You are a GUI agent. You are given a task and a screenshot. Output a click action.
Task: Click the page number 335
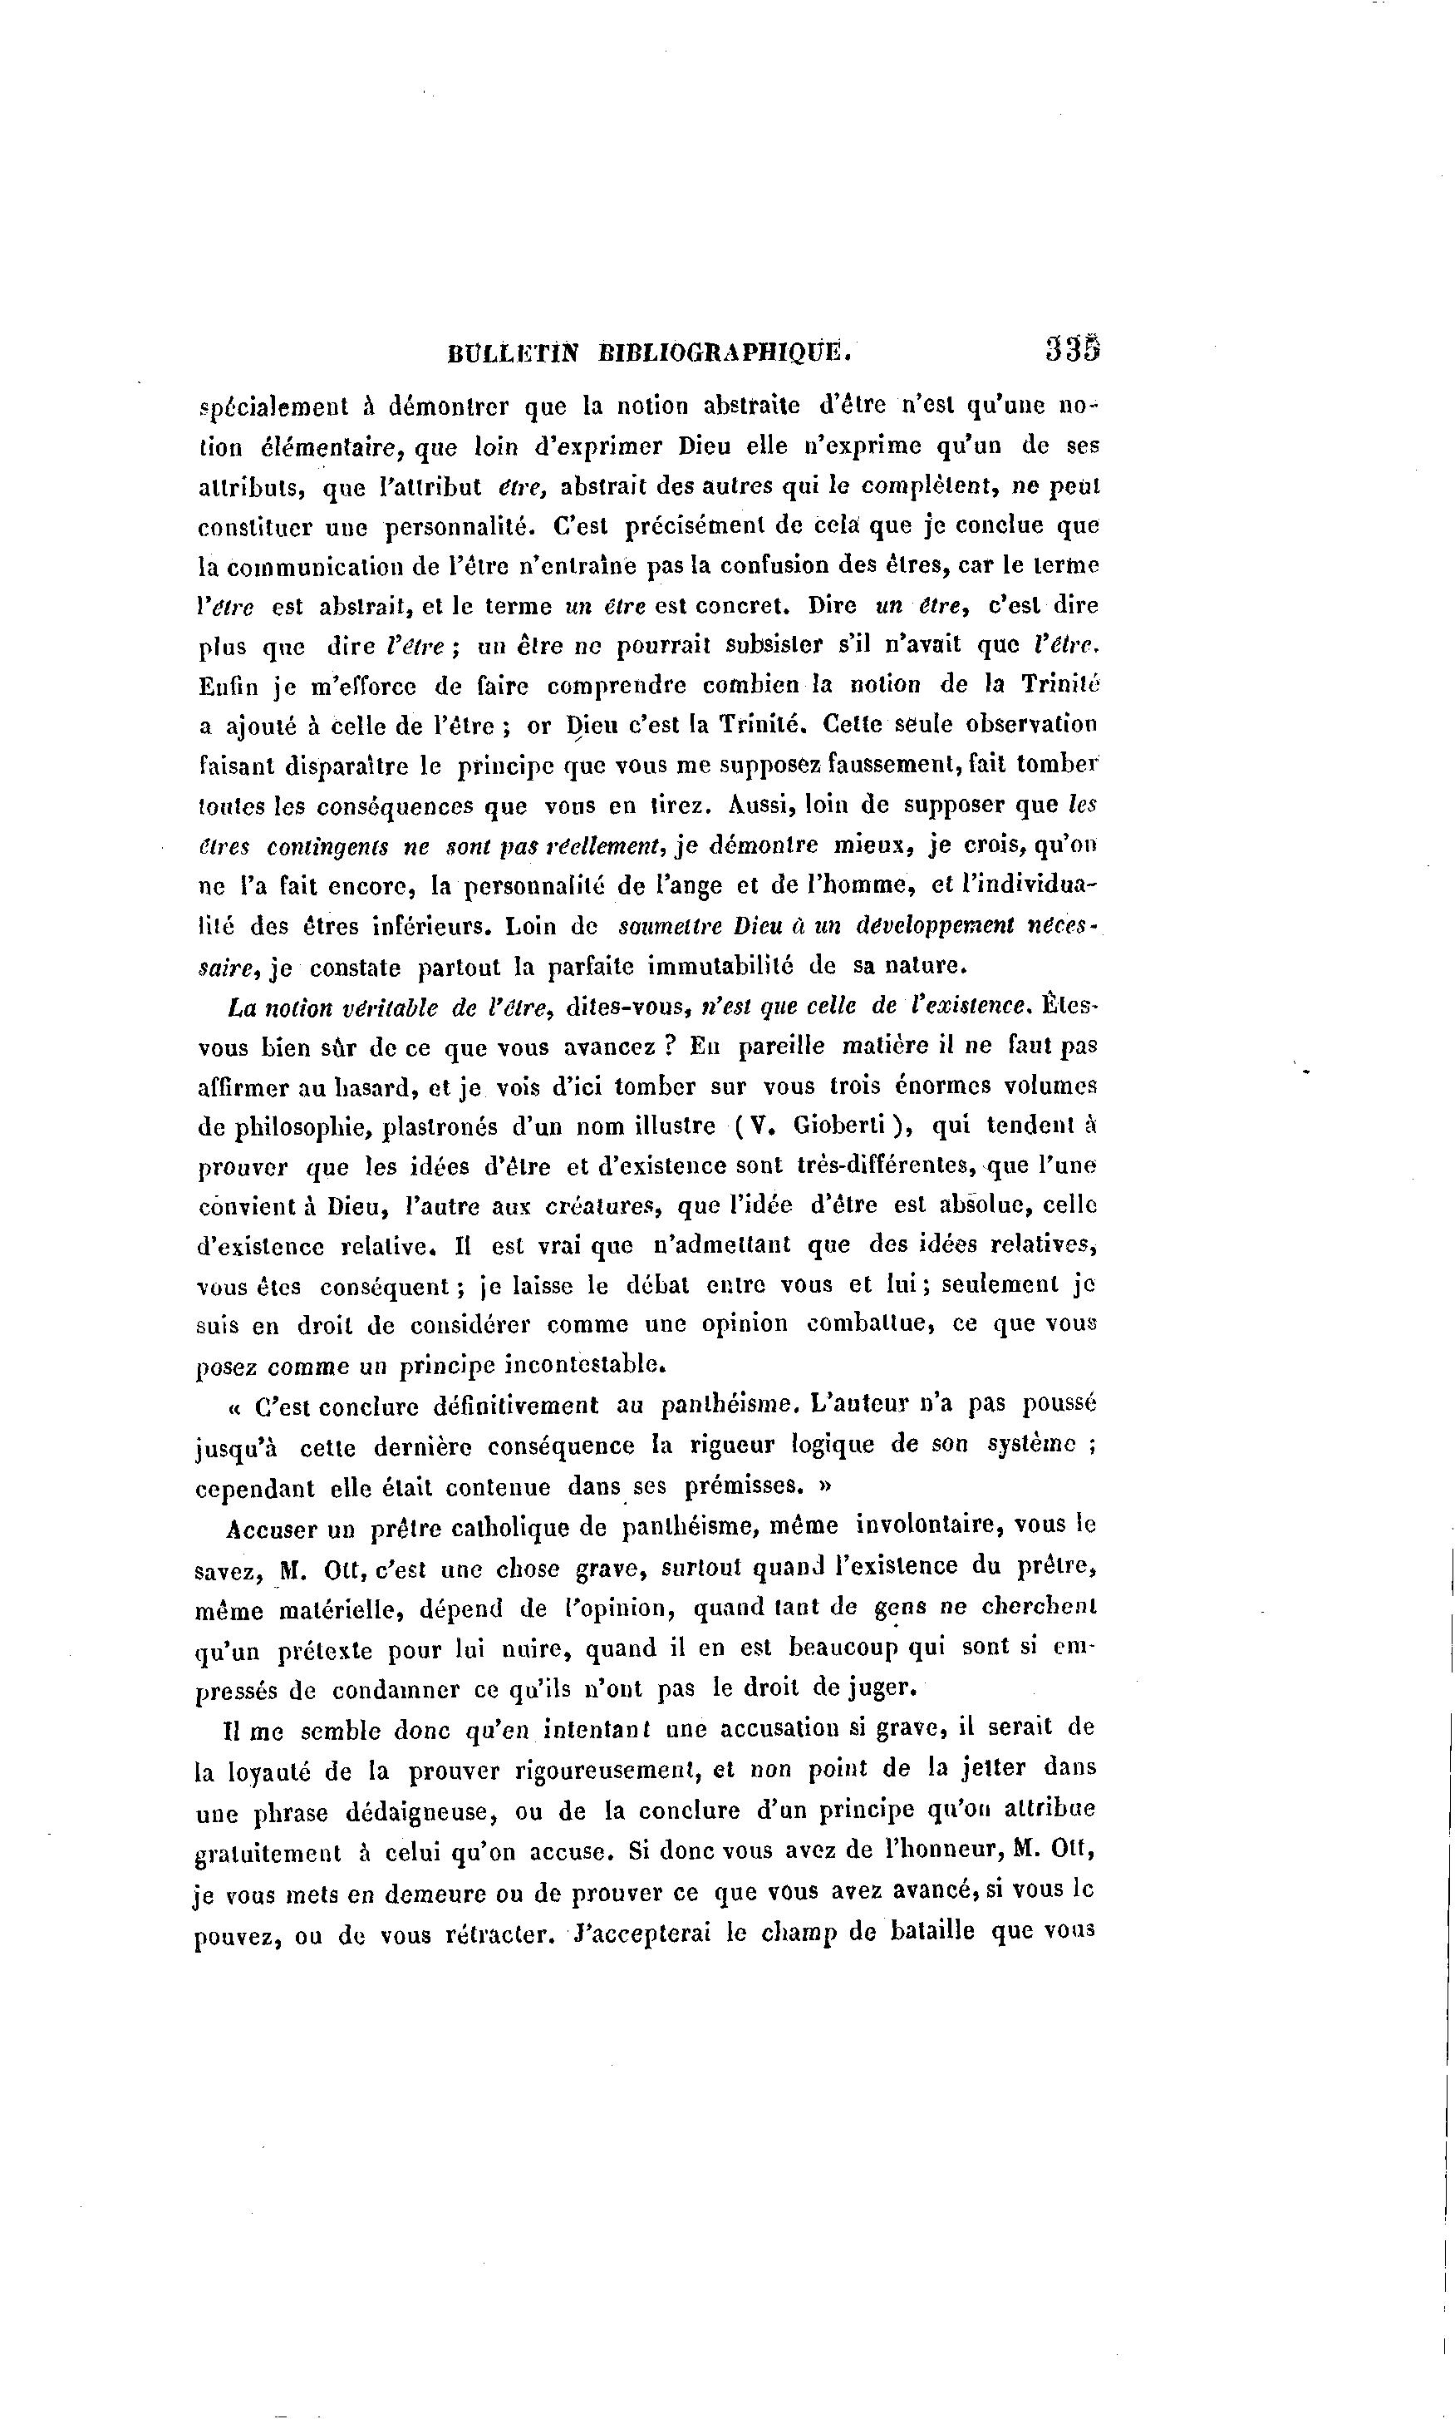coord(1073,350)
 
